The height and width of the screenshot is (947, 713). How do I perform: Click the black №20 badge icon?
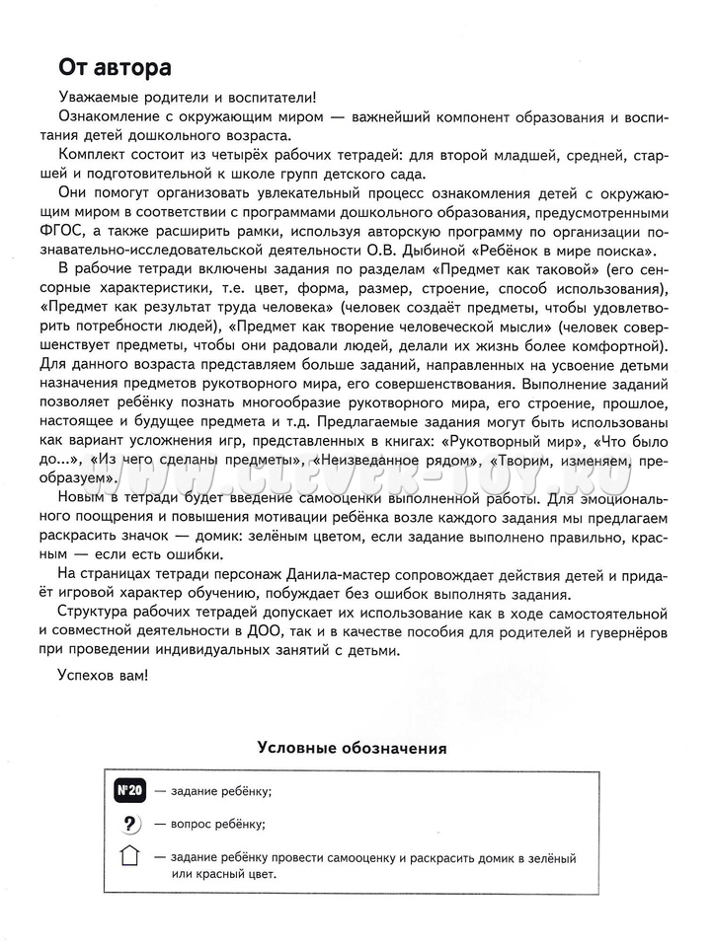129,791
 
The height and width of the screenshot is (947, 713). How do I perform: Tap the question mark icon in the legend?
129,824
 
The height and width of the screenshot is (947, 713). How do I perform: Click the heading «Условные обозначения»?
352,749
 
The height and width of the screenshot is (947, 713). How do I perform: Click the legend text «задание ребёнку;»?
220,791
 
